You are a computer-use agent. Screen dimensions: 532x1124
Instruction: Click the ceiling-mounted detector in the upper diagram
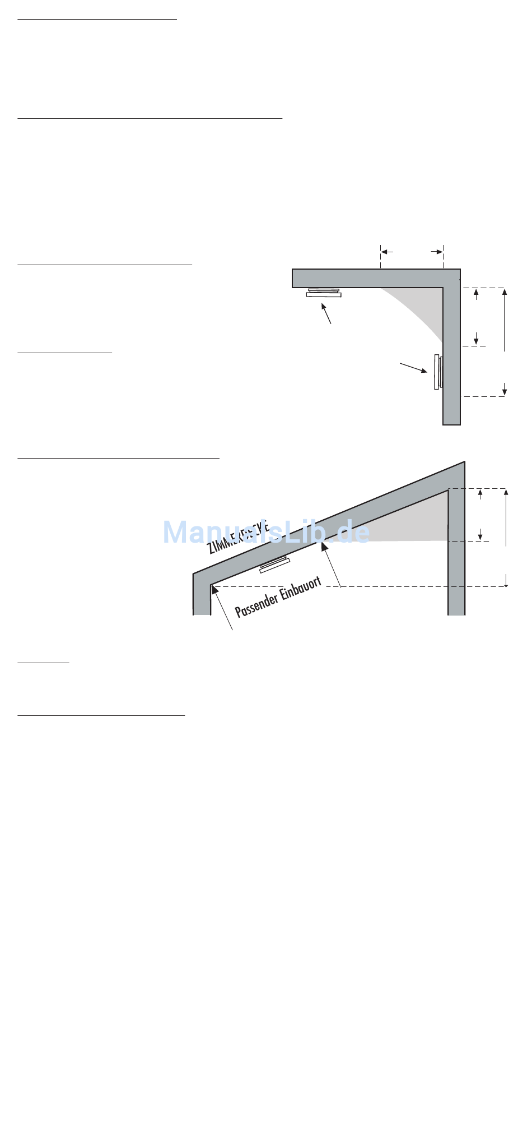pyautogui.click(x=324, y=293)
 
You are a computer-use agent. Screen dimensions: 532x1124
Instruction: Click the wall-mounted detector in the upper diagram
pyautogui.click(x=438, y=371)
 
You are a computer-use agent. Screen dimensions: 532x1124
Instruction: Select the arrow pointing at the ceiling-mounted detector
pyautogui.click(x=326, y=313)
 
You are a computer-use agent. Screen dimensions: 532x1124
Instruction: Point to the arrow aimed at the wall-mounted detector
pyautogui.click(x=413, y=368)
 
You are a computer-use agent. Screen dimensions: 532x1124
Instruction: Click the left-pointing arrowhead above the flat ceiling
pyautogui.click(x=386, y=252)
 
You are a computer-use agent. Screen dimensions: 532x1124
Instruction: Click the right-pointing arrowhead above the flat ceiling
pyautogui.click(x=437, y=252)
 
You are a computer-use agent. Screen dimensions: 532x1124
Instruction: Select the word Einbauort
pyautogui.click(x=301, y=588)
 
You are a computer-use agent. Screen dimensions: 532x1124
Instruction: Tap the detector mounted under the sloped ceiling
pyautogui.click(x=274, y=565)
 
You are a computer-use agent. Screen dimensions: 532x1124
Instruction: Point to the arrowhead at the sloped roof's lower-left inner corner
pyautogui.click(x=214, y=589)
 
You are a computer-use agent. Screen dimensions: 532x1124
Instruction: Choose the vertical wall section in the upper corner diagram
pyautogui.click(x=451, y=359)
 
